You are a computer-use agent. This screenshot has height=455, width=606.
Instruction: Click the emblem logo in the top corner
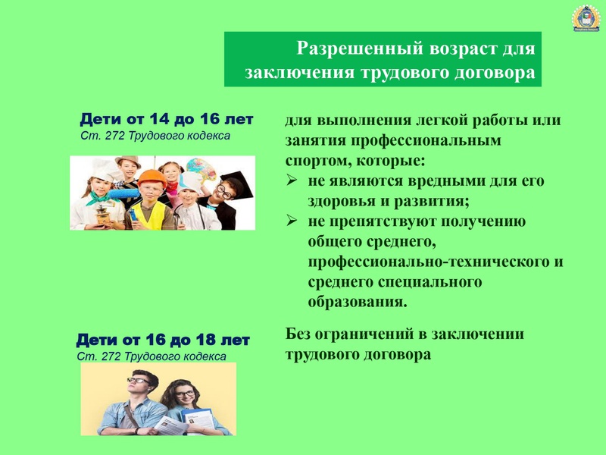click(x=586, y=17)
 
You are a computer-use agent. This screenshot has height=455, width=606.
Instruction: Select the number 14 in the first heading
click(x=160, y=119)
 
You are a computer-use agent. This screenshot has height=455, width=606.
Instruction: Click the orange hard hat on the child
click(x=151, y=178)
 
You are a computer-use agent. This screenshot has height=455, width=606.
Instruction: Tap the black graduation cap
click(x=236, y=183)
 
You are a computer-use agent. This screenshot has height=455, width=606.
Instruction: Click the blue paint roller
click(x=123, y=193)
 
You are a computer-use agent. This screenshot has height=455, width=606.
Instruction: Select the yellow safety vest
click(x=148, y=216)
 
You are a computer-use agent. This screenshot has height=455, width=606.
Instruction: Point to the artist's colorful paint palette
click(x=201, y=169)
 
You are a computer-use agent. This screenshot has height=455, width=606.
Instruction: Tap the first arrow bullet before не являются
click(x=292, y=180)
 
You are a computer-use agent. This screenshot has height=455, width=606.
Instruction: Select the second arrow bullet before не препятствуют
click(x=292, y=221)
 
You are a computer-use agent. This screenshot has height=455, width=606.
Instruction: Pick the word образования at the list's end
click(x=358, y=302)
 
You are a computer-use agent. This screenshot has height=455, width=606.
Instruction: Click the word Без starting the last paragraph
click(x=298, y=334)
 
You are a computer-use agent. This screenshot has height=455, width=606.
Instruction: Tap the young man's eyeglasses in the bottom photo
click(x=138, y=381)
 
